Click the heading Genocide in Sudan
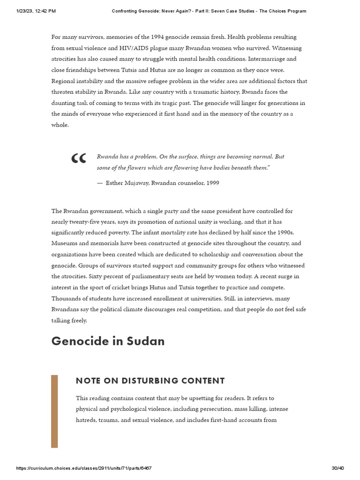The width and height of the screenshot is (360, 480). pyautogui.click(x=108, y=341)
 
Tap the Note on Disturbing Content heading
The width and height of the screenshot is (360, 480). pyautogui.click(x=150, y=381)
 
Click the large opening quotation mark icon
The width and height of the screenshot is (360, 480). pyautogui.click(x=78, y=159)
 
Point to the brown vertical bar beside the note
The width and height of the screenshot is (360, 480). pyautogui.click(x=54, y=411)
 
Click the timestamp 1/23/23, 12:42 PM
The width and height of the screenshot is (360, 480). pyautogui.click(x=36, y=11)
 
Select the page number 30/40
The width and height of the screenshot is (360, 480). pyautogui.click(x=337, y=468)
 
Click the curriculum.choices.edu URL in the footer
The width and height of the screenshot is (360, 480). pyautogui.click(x=83, y=468)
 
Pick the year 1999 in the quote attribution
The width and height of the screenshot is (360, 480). pyautogui.click(x=212, y=183)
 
